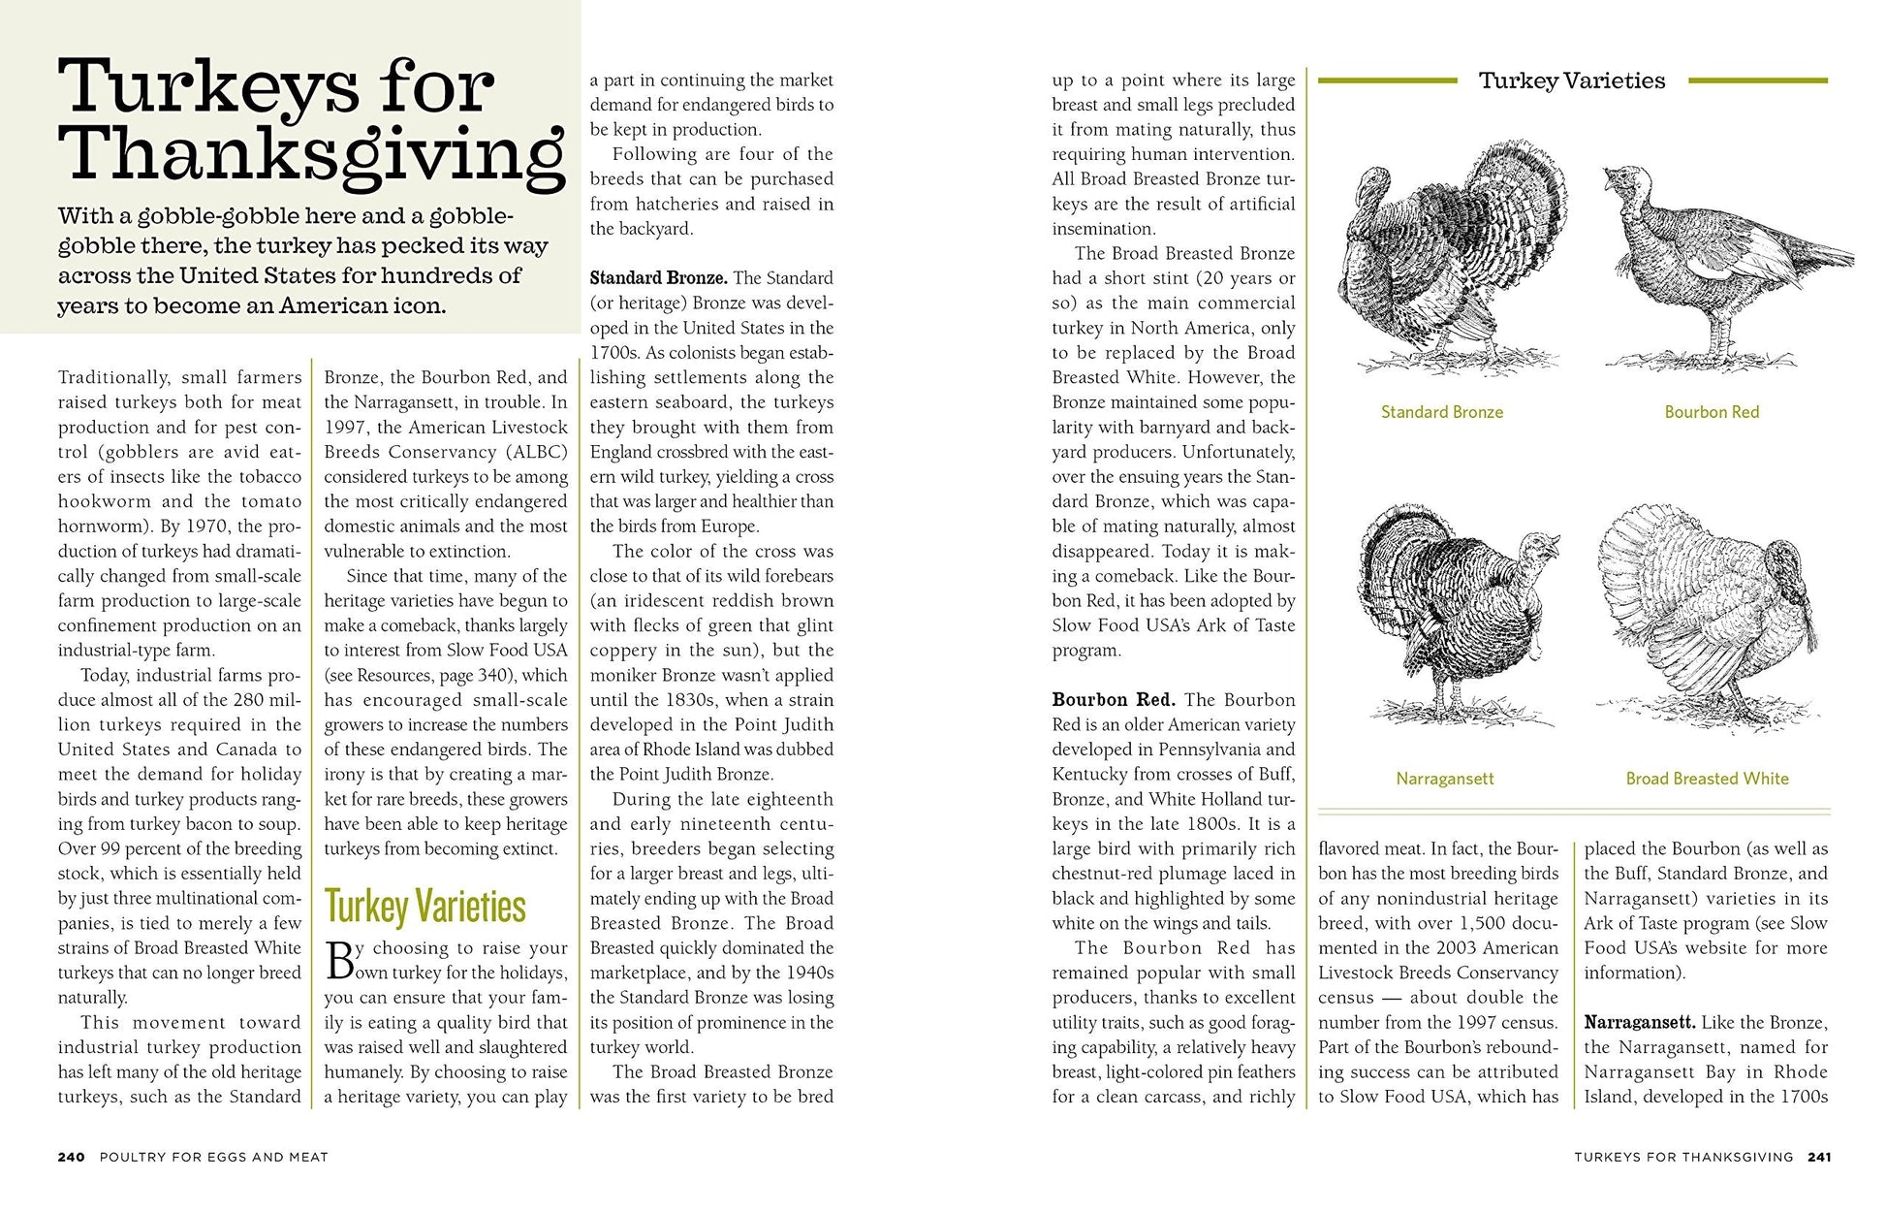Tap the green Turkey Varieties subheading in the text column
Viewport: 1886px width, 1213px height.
point(424,907)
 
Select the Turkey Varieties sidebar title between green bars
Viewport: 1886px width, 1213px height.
point(1571,80)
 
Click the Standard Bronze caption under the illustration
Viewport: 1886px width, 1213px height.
point(1441,412)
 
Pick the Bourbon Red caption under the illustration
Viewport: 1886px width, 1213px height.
point(1711,412)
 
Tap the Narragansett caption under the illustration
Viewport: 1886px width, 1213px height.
point(1444,779)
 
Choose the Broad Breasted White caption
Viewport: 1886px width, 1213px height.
point(1707,779)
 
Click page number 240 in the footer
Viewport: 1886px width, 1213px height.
point(71,1157)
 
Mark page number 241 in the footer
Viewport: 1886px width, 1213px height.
point(1818,1157)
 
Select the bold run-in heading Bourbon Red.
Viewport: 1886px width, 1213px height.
point(1114,700)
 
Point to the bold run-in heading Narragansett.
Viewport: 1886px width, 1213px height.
point(1639,1023)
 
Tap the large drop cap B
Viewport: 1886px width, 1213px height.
point(340,960)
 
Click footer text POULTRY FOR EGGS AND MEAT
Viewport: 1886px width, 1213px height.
point(213,1157)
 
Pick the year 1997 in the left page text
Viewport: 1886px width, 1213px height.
point(344,428)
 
